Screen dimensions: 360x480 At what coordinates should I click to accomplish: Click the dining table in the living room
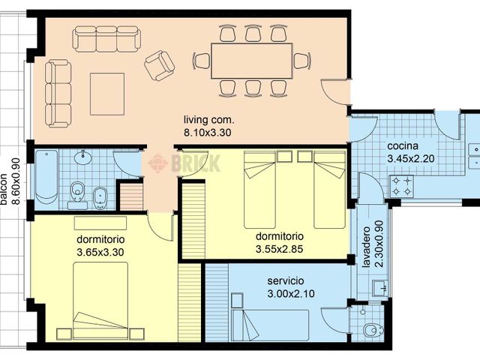click(251, 61)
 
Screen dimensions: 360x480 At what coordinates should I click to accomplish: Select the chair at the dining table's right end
click(301, 61)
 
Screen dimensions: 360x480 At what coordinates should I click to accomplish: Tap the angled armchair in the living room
click(159, 65)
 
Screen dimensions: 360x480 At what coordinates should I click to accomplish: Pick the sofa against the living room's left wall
click(56, 93)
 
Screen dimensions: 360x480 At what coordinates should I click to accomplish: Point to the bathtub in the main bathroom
click(46, 177)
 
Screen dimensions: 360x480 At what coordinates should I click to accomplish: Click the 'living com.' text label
click(209, 120)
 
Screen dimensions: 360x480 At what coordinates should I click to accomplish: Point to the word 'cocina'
click(403, 146)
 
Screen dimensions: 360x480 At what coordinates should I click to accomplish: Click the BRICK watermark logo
click(184, 163)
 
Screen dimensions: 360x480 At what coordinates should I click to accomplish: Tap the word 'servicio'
click(285, 281)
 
